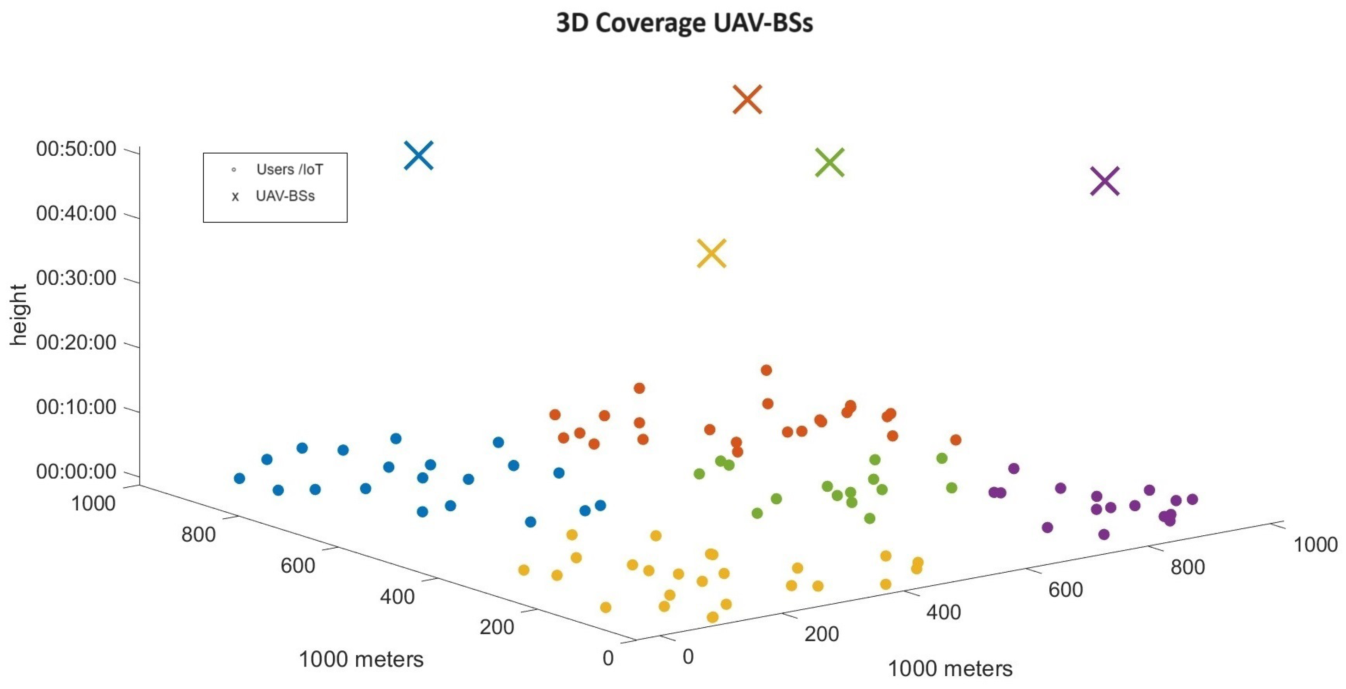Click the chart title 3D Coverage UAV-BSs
click(684, 22)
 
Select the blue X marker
click(418, 155)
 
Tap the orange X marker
click(747, 99)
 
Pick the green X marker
click(829, 162)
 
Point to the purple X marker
click(1104, 181)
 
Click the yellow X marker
click(711, 253)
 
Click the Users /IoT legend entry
click(289, 169)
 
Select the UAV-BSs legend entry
click(285, 196)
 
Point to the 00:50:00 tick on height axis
click(76, 149)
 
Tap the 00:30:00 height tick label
click(76, 278)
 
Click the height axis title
click(18, 315)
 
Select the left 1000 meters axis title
click(361, 659)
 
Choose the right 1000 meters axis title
click(950, 669)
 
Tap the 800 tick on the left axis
click(198, 534)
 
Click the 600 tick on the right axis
click(1065, 590)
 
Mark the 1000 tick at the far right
click(1314, 545)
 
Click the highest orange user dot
click(766, 370)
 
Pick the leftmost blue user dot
click(239, 478)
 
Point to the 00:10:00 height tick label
click(76, 407)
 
